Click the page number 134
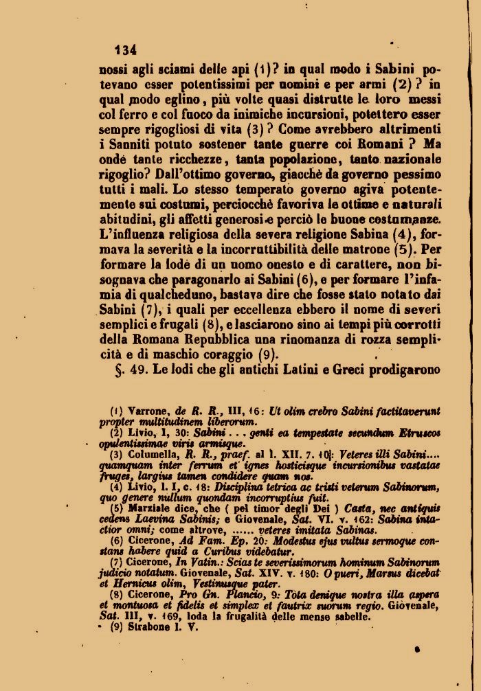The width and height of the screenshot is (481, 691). (126, 49)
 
